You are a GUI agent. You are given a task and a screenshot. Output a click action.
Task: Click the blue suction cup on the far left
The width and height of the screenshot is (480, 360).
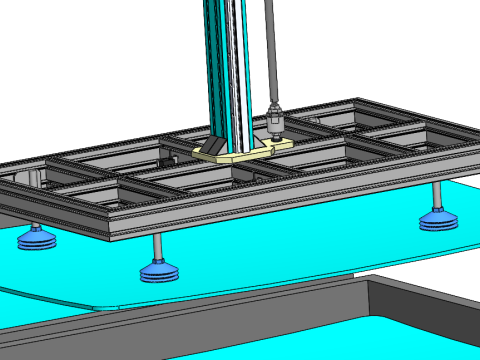coord(36,239)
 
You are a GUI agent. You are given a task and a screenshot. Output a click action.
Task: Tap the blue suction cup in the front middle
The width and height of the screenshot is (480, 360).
coord(159,271)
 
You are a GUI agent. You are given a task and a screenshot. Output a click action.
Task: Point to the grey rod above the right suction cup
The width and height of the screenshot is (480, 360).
coord(436,195)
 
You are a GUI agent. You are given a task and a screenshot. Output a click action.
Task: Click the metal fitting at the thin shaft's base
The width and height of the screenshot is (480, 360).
coord(274,121)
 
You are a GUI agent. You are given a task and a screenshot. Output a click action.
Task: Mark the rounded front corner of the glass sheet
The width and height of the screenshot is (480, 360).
coord(100,307)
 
